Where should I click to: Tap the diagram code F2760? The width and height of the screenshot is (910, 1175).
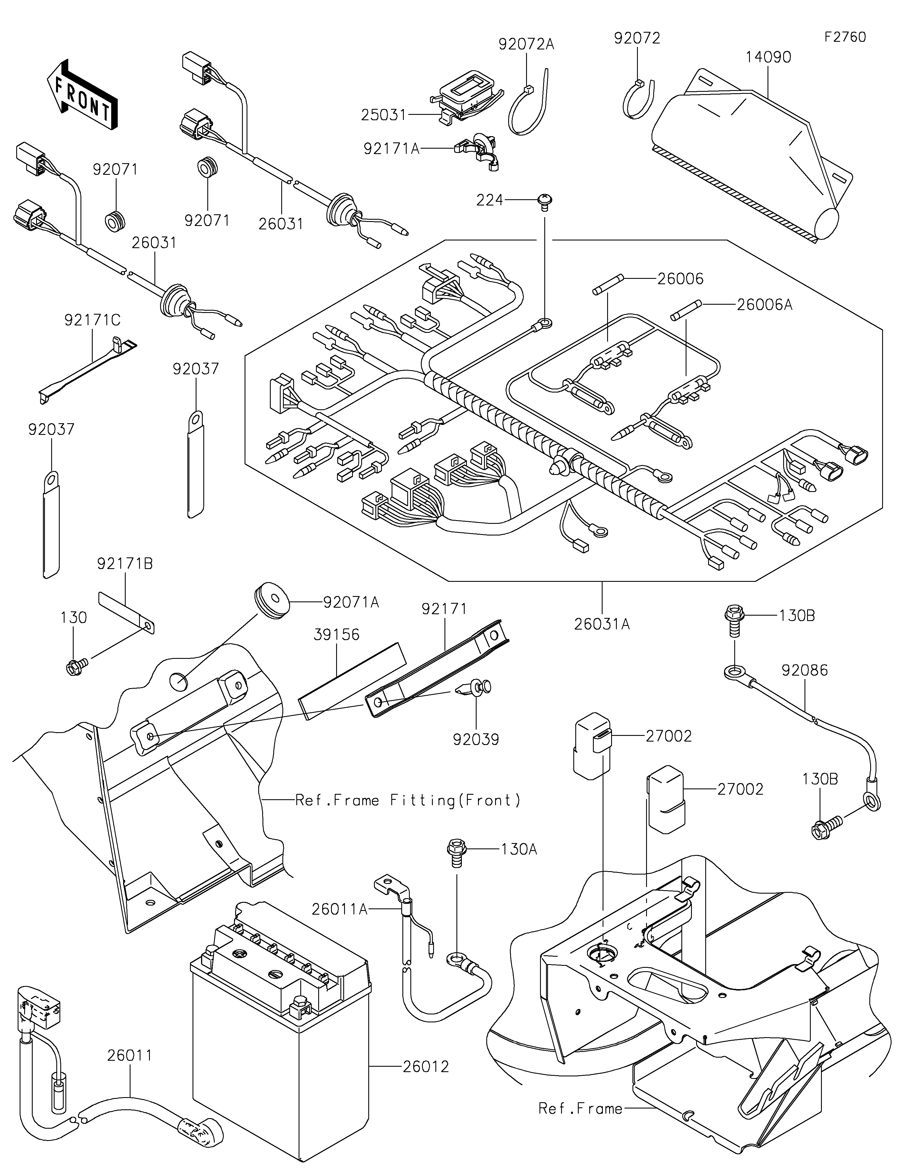pyautogui.click(x=845, y=37)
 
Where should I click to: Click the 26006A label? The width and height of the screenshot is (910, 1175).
pyautogui.click(x=764, y=305)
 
